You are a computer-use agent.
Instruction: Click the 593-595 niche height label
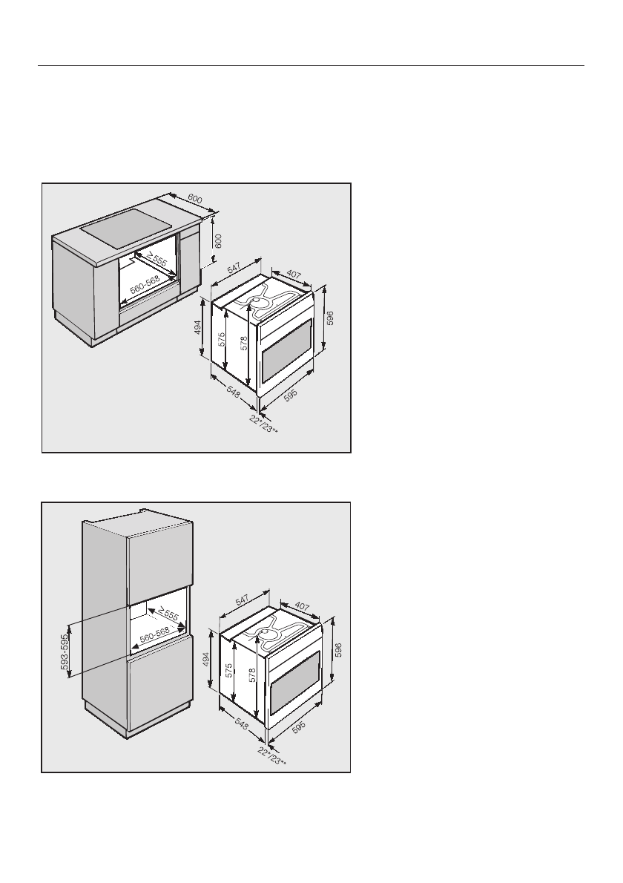click(65, 651)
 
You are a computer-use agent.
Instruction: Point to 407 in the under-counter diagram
click(294, 276)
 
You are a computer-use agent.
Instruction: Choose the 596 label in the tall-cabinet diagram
click(338, 650)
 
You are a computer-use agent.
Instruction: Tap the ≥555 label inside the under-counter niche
click(156, 260)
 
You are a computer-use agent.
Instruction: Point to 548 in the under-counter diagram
click(233, 391)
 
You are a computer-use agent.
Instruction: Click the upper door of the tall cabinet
click(159, 568)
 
